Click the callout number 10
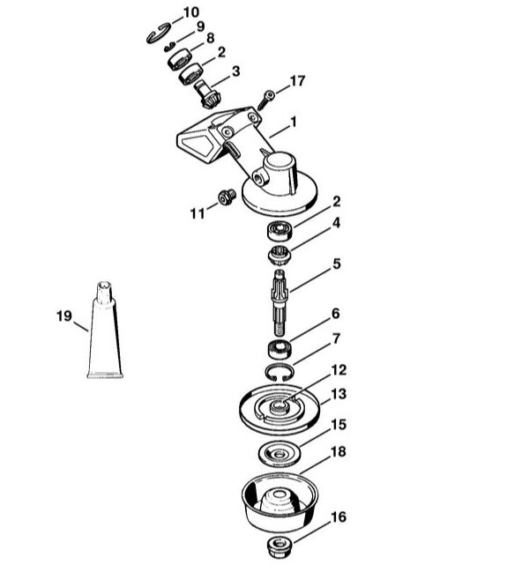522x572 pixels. [191, 12]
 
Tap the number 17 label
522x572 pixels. [297, 81]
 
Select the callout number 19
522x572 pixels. [64, 316]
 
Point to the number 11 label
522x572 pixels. [198, 213]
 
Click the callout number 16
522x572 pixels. [338, 517]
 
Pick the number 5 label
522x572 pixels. [337, 264]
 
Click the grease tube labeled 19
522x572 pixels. [105, 330]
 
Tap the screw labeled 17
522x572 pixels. [265, 100]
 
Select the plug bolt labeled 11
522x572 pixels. [227, 197]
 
